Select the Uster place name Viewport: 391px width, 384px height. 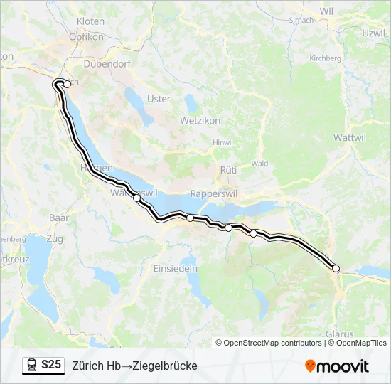(x=159, y=99)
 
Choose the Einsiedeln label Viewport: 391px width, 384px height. (x=176, y=268)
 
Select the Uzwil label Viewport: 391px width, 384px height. (x=373, y=33)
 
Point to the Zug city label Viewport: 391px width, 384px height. (x=54, y=239)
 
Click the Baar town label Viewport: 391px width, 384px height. (x=58, y=217)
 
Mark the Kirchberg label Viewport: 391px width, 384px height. (x=326, y=58)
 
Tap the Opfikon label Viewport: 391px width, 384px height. (x=87, y=36)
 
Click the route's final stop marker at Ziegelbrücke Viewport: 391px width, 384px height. (x=336, y=268)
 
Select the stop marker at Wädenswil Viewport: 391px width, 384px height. (x=136, y=198)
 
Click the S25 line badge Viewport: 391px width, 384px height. (x=51, y=365)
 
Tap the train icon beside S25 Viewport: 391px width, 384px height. (x=32, y=366)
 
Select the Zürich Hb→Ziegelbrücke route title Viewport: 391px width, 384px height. (x=134, y=366)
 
